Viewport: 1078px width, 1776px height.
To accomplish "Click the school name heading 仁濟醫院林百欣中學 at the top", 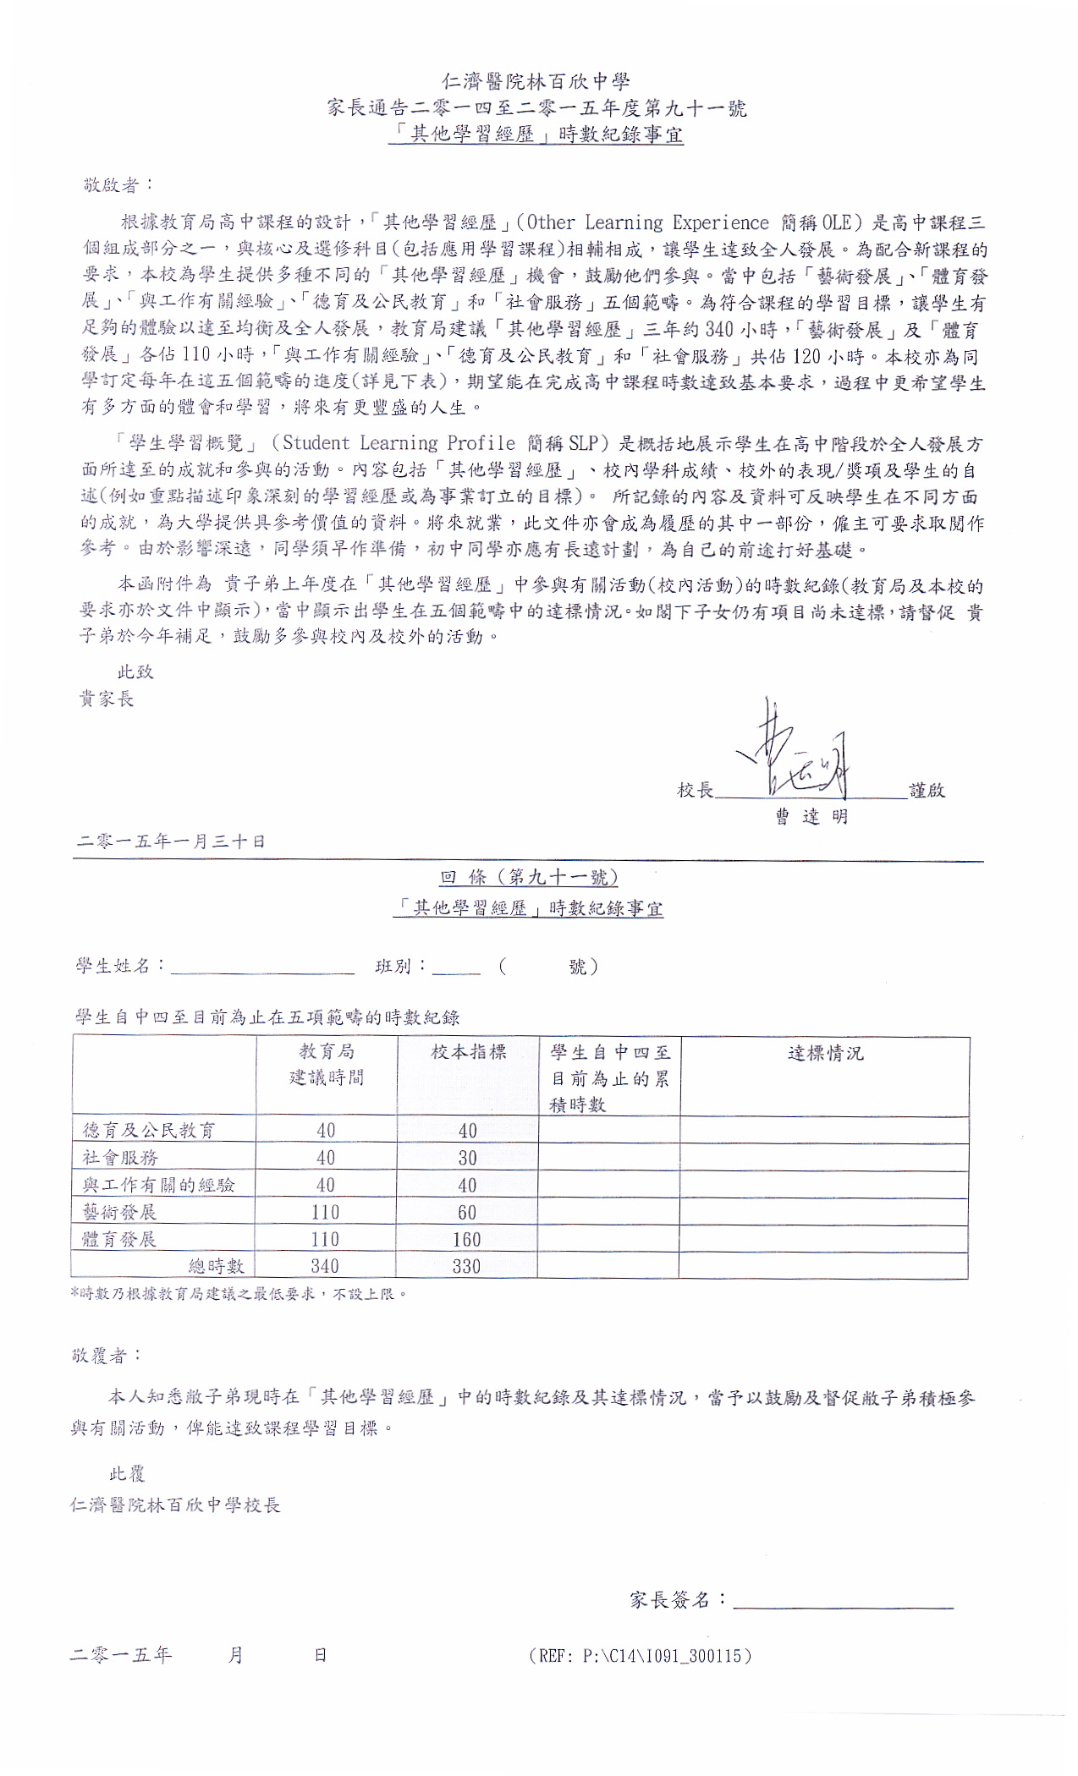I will click(x=536, y=81).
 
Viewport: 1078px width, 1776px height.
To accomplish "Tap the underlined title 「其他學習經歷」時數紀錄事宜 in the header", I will click(x=536, y=134).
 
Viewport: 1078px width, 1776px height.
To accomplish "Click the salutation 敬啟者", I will click(x=117, y=185).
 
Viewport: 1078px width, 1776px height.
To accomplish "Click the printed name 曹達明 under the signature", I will click(x=811, y=816).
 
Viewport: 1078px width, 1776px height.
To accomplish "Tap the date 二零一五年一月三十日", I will click(x=171, y=841).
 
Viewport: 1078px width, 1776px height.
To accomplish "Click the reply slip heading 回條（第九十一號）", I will click(x=529, y=877).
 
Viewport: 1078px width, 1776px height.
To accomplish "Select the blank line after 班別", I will click(x=456, y=971).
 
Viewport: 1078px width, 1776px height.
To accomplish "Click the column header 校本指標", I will click(x=468, y=1051).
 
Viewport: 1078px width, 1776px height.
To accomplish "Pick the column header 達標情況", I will click(x=825, y=1053).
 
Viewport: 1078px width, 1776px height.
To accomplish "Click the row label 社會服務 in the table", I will click(x=120, y=1158).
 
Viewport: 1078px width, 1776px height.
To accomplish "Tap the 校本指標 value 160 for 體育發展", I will click(x=467, y=1240).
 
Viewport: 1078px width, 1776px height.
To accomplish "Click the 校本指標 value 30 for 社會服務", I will click(x=467, y=1158).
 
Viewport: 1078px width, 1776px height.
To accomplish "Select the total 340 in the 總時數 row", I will click(x=325, y=1266).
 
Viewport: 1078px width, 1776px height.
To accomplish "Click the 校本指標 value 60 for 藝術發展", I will click(x=467, y=1213).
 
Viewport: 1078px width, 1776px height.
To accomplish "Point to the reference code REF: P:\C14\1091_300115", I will click(x=640, y=1656).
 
